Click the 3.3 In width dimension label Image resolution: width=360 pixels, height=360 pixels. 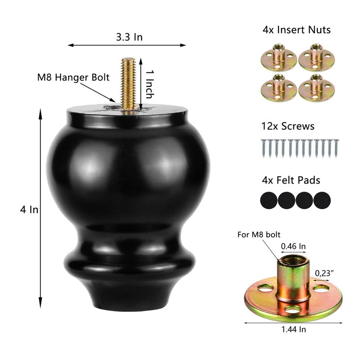pos(129,37)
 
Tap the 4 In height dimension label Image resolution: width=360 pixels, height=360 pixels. pos(29,210)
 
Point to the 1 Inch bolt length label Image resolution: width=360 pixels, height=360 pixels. pos(149,85)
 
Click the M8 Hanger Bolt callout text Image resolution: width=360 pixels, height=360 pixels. pos(73,77)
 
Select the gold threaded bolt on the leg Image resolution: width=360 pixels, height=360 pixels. pos(128,84)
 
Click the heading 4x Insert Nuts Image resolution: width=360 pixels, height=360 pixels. pos(297,30)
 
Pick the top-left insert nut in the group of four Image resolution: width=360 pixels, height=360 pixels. pos(279,58)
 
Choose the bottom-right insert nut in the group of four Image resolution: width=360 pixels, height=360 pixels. pos(316,88)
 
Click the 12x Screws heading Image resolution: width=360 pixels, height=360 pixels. pos(288,126)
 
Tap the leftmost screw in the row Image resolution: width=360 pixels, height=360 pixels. pos(263,148)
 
